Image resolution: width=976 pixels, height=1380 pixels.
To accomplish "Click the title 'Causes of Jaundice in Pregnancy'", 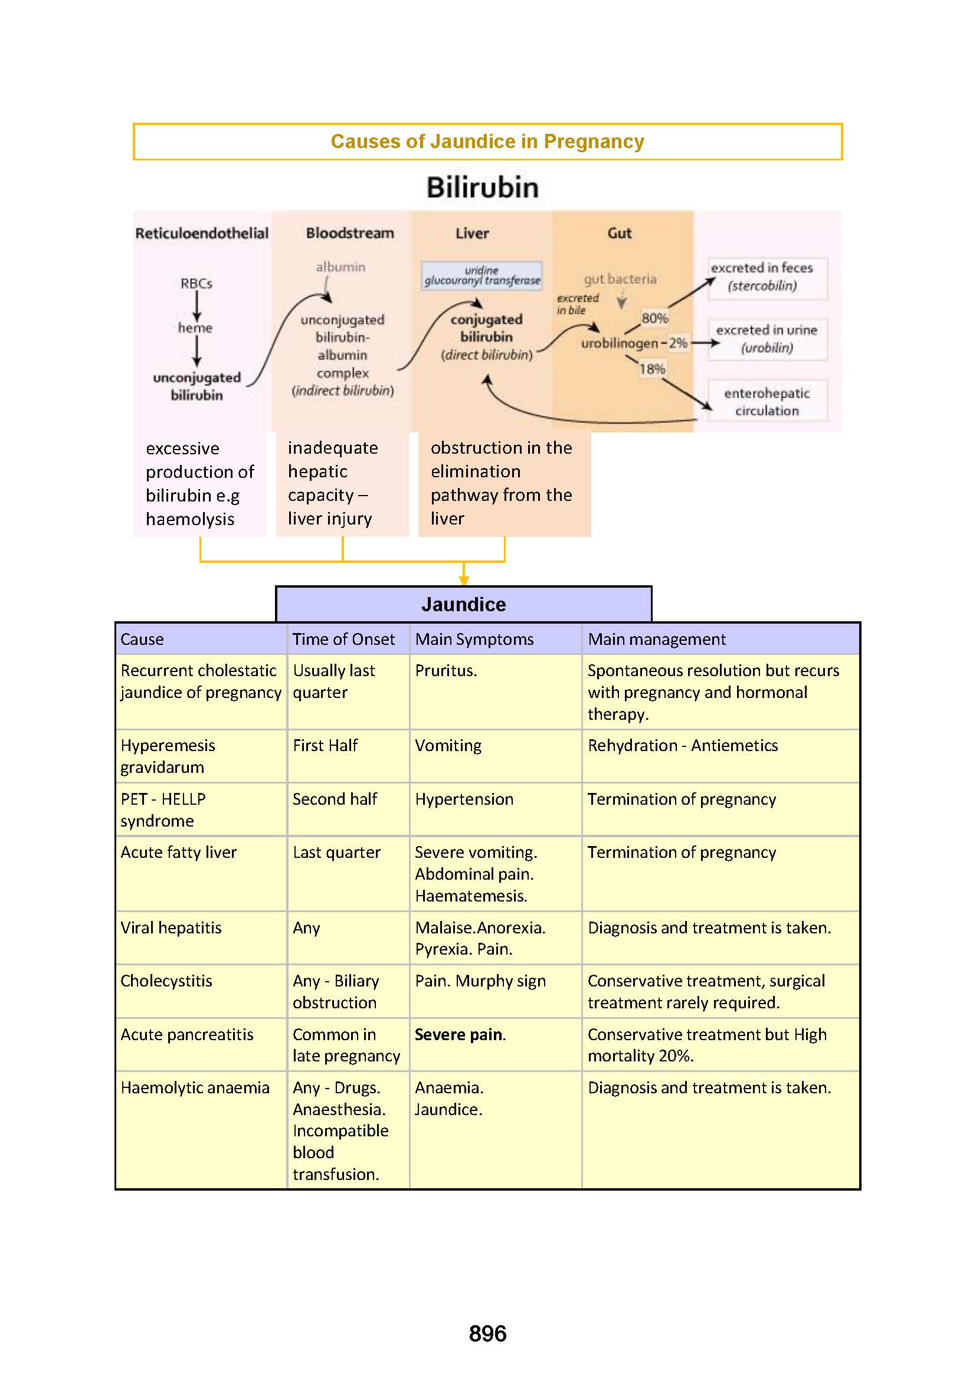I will coord(487,141).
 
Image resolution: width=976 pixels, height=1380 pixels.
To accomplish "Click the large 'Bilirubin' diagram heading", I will coord(482,188).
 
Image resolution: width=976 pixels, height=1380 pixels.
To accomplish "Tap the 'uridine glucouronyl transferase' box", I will coord(482,276).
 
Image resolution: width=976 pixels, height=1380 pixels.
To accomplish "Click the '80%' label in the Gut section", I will coord(654,318).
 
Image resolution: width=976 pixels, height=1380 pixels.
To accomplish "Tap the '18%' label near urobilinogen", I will coord(651,368).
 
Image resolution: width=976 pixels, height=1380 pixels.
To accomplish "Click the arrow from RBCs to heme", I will coord(196,306).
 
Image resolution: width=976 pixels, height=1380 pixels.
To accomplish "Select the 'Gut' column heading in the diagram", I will coord(619,233).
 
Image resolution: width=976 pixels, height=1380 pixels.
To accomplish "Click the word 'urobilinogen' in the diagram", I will coord(619,343).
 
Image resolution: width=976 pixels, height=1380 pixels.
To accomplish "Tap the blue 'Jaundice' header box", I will coord(463,604).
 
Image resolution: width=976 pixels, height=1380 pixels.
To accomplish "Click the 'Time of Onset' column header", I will coord(344,639).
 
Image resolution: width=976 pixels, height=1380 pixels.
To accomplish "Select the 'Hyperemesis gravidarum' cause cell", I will coord(168,756).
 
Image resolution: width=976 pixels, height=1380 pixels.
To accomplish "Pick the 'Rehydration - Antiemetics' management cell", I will coord(682,746).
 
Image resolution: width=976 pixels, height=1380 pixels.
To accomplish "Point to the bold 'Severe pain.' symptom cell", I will coord(460,1034).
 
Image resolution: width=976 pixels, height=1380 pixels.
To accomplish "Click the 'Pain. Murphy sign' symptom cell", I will coord(480,981).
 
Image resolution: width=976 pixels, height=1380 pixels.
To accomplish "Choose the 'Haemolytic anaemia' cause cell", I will coord(195,1088).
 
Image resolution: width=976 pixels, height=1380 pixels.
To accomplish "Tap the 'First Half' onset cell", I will coord(325,746).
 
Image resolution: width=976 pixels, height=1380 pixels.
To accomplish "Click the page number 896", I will coord(487,1334).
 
